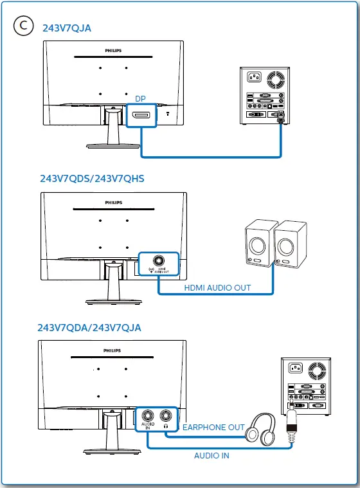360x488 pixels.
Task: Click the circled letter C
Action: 23,26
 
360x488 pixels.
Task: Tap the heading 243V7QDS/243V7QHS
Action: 92,178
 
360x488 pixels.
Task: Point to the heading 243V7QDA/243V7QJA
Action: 89,328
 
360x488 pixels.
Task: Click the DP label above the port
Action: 140,99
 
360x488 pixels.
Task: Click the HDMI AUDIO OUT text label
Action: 217,287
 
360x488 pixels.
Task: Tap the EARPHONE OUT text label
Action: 213,427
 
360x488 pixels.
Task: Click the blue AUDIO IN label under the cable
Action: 212,456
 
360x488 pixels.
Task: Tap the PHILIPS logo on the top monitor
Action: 113,50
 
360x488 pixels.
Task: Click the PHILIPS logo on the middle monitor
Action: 113,202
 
